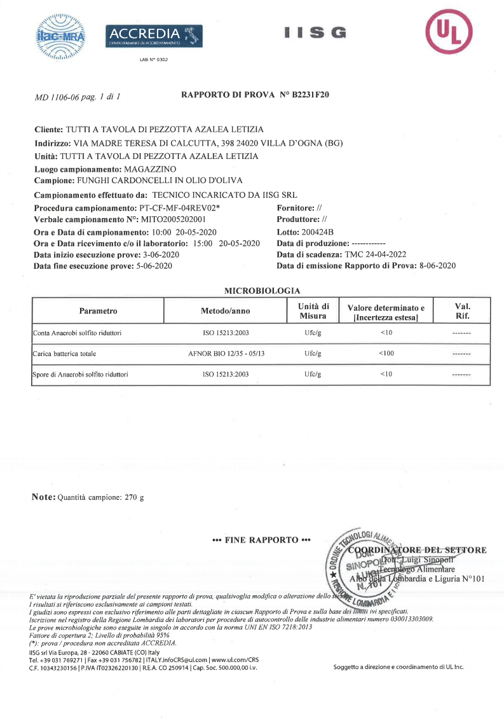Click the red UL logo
(449, 32)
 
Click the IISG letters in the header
(315, 32)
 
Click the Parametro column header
(99, 311)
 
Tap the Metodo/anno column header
(226, 311)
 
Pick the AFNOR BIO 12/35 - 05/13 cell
(226, 353)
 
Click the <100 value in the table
(386, 353)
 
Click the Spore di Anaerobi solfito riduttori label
(80, 375)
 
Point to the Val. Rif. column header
(462, 310)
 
